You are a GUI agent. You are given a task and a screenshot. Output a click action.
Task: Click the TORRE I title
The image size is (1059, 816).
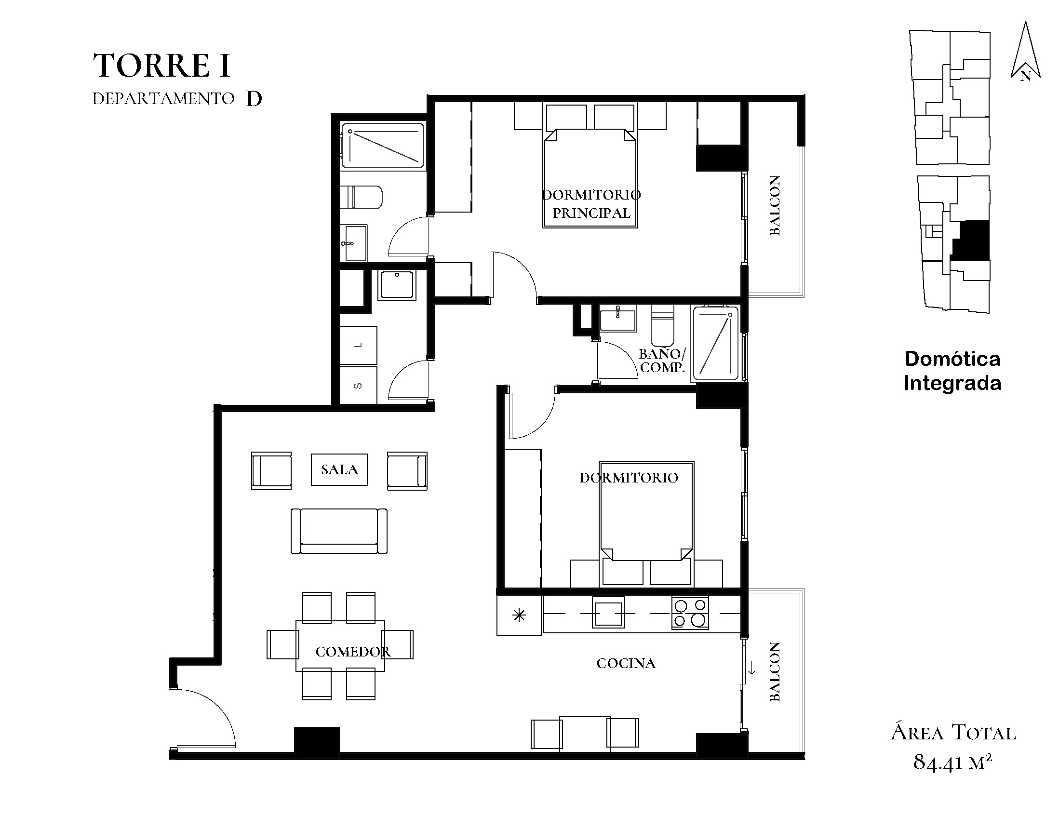[161, 66]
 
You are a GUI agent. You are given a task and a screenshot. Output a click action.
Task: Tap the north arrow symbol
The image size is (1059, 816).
[1025, 51]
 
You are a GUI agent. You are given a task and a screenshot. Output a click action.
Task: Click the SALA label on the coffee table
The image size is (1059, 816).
[339, 469]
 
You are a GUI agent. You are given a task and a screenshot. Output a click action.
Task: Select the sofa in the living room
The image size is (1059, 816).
[339, 531]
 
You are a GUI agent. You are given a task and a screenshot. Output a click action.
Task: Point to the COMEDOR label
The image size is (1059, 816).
[353, 652]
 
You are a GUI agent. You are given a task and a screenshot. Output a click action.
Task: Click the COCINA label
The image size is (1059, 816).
[626, 663]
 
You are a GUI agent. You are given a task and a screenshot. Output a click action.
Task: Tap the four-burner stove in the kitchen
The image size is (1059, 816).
[690, 614]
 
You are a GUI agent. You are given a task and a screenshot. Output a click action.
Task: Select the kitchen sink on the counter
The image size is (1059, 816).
[608, 613]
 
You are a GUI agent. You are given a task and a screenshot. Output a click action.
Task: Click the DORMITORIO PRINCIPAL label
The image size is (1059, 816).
[591, 203]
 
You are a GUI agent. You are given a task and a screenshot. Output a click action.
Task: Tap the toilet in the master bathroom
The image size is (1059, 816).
[361, 197]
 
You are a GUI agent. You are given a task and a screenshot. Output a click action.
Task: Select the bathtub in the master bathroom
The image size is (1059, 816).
[383, 146]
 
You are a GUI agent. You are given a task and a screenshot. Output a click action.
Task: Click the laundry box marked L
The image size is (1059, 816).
[358, 345]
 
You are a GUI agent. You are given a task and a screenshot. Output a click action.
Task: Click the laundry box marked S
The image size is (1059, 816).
[358, 386]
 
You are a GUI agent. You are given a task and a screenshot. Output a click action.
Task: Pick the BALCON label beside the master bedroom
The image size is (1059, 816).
[775, 206]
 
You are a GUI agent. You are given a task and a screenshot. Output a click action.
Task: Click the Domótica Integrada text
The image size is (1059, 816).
[953, 371]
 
